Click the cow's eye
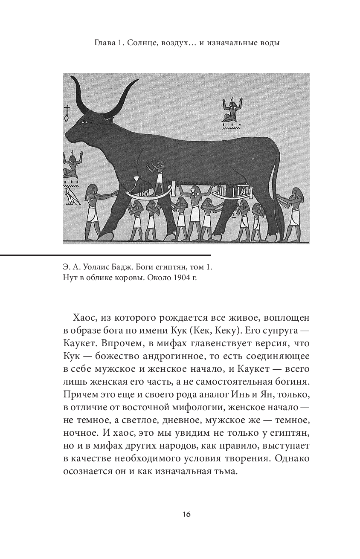pyautogui.click(x=87, y=123)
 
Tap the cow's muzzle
pyautogui.click(x=70, y=136)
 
